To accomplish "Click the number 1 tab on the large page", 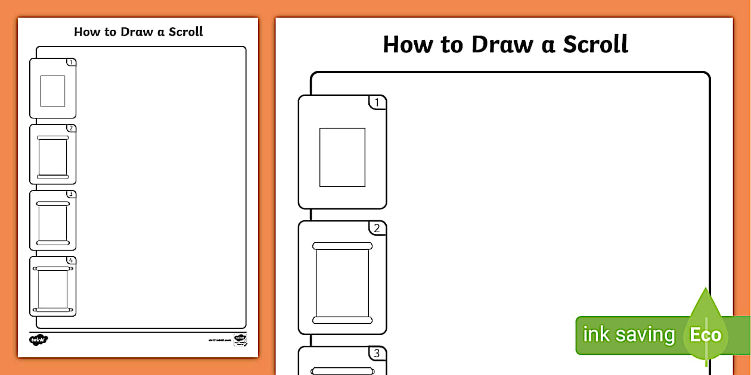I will (377, 103).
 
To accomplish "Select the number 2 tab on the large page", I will (377, 229).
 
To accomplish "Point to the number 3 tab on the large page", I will (377, 354).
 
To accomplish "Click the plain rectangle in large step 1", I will (342, 157).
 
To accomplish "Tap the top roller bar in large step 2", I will (342, 246).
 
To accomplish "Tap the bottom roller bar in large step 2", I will (342, 320).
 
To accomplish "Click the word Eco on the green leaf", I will (706, 335).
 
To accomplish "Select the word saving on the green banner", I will (645, 335).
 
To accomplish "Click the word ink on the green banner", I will (597, 335).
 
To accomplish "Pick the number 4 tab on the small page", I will (71, 261).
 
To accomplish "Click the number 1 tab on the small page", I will (71, 62).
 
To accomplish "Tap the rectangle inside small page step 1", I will (52, 91).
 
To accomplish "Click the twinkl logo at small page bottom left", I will (38, 339).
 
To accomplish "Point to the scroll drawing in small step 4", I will (53, 289).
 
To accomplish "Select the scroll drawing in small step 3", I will (53, 223).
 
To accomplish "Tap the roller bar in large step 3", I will (342, 371).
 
